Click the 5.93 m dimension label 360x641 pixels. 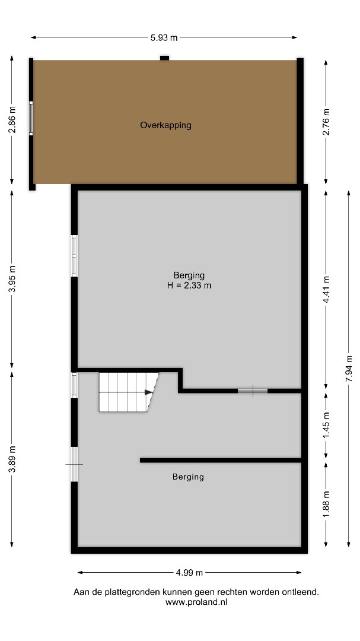click(164, 37)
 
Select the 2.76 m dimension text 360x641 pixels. click(326, 122)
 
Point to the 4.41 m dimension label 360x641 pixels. click(326, 290)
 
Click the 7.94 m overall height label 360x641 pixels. click(349, 369)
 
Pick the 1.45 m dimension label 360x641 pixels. click(326, 426)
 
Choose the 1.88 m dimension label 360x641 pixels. click(326, 504)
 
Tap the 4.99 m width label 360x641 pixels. click(189, 572)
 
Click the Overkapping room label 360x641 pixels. click(165, 125)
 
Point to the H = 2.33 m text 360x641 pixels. click(189, 285)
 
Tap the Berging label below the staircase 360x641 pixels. click(188, 477)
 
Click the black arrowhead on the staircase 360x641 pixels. click(149, 392)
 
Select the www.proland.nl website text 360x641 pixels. click(196, 602)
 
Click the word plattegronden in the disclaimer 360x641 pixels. click(132, 592)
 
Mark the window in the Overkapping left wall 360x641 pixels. click(31, 118)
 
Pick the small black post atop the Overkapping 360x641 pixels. click(164, 58)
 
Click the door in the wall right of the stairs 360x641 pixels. click(253, 391)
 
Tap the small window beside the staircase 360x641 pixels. click(74, 385)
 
